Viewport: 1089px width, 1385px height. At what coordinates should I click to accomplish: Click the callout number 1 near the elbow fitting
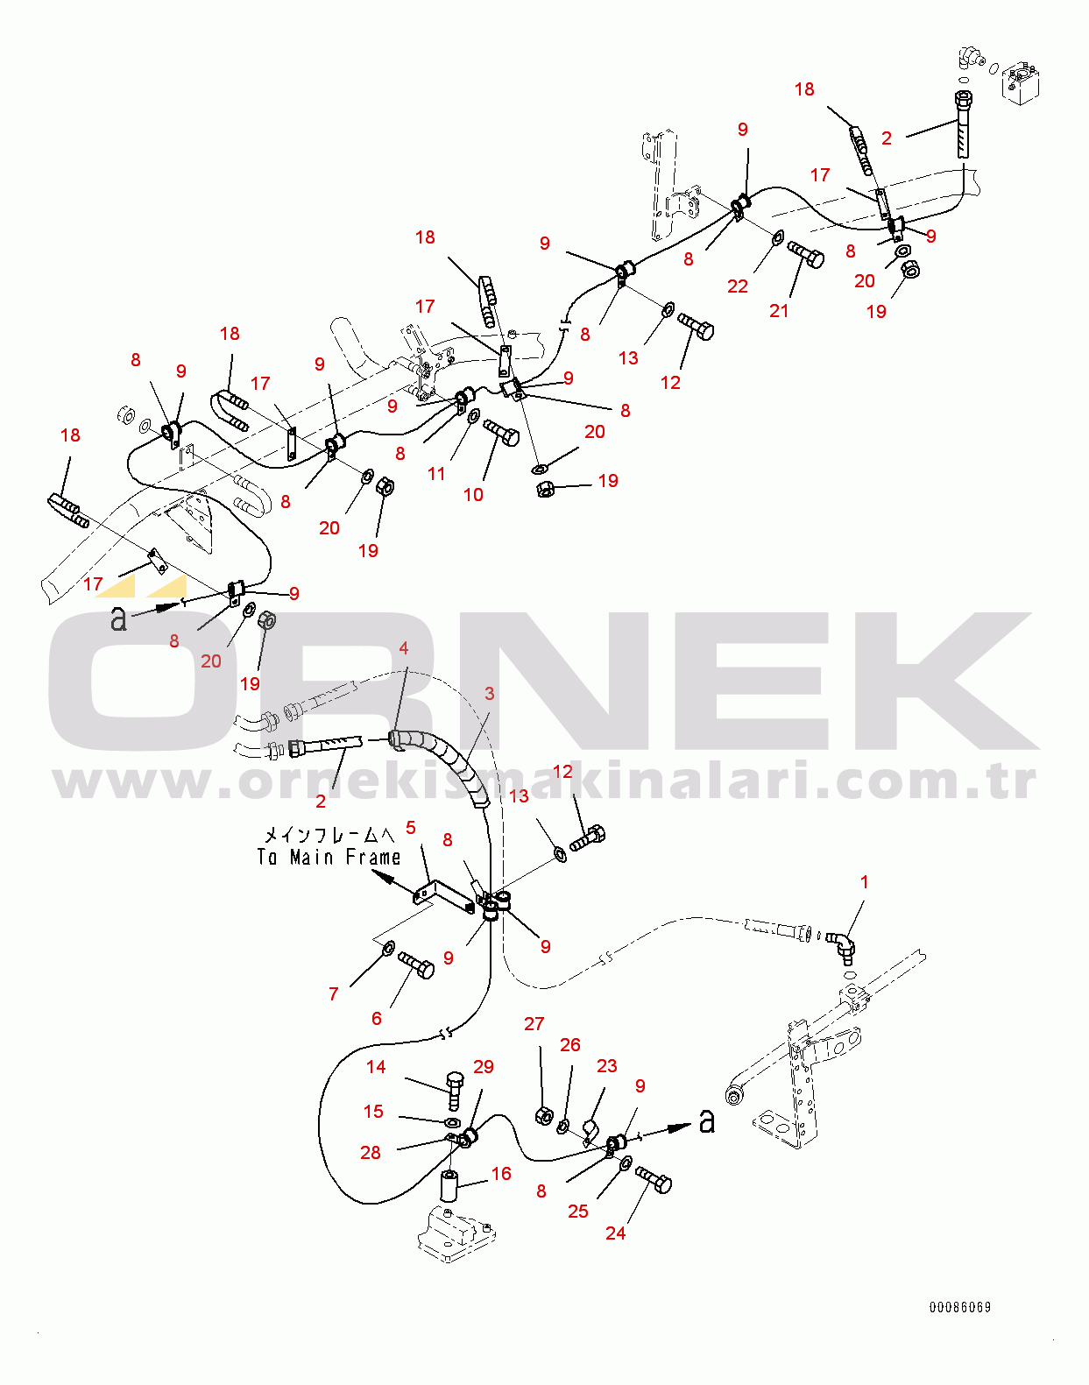pos(865,882)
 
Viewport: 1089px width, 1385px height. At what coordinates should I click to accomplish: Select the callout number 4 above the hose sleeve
pos(404,648)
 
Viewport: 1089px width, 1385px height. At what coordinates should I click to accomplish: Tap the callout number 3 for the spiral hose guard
pos(490,694)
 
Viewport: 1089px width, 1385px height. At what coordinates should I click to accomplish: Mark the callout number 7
pos(334,994)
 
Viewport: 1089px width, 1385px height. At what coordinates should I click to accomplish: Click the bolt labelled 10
pos(500,432)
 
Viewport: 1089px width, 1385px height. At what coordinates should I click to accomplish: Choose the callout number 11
pos(436,474)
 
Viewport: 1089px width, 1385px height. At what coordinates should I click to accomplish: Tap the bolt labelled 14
pos(454,1086)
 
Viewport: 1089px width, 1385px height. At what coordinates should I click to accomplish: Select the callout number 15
pos(373,1112)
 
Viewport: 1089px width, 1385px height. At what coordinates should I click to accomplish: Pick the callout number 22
pos(738,286)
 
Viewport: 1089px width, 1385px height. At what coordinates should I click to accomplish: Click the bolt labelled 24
pos(654,1181)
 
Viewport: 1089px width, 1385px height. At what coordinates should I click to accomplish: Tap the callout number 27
pos(534,1024)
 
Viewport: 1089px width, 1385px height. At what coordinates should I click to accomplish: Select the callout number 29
pos(484,1067)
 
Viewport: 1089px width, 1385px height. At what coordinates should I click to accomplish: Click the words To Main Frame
pos(329,858)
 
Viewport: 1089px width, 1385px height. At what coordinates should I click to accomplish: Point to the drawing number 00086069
pos(960,1308)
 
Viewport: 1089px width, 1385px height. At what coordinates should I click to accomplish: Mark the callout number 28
pos(371,1153)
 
